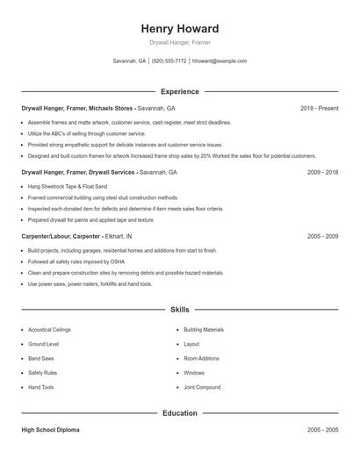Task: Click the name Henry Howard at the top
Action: point(179,28)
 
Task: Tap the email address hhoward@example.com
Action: point(219,61)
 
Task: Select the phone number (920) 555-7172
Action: point(169,61)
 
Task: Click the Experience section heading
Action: point(179,91)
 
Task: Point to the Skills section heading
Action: point(179,310)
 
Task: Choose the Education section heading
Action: point(179,412)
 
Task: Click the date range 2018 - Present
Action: point(319,108)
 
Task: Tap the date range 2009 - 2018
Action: point(322,173)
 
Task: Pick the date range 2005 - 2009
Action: point(322,237)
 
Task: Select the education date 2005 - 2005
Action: point(322,430)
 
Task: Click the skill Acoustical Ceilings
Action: point(49,330)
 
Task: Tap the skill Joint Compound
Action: point(202,387)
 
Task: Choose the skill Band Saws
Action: point(41,359)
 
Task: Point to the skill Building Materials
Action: point(204,330)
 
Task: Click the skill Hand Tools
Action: point(41,387)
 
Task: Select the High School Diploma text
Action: point(51,430)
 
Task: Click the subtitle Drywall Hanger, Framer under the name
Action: point(179,42)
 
